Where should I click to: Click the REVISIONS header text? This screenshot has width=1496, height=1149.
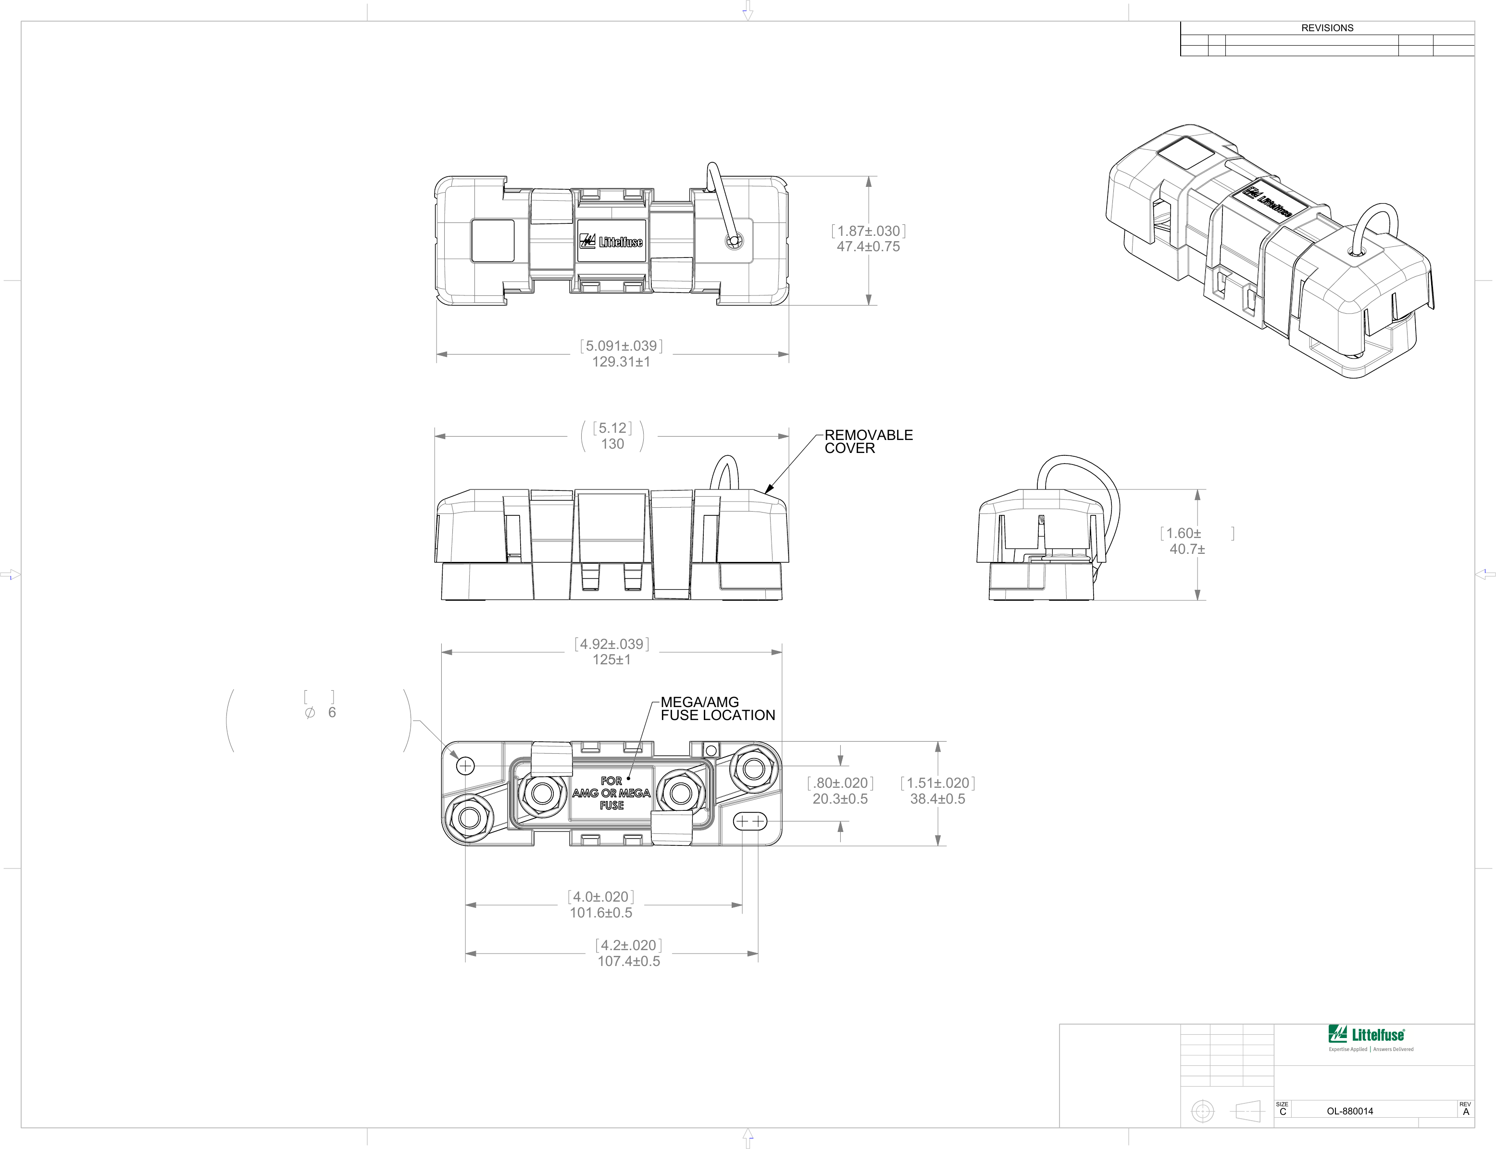coord(1327,28)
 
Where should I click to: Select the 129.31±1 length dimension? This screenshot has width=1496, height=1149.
coord(621,362)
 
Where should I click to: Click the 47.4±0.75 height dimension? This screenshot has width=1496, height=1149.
coord(868,247)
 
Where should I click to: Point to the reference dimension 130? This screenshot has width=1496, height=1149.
coord(612,444)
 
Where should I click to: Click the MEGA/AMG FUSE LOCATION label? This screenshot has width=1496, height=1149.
coord(717,709)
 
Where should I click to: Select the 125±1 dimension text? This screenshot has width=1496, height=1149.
coord(611,660)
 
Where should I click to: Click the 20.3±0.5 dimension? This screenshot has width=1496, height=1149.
coord(840,799)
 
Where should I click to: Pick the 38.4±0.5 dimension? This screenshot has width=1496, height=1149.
coord(937,799)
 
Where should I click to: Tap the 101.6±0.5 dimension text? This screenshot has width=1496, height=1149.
coord(601,913)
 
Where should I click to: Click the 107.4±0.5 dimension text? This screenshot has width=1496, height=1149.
coord(628,962)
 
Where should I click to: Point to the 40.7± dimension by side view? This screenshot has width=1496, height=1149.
coord(1187,549)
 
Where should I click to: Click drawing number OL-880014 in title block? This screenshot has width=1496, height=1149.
coord(1349,1112)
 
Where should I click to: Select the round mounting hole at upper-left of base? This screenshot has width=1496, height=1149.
coord(465,765)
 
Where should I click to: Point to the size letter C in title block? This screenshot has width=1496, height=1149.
coord(1283,1112)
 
